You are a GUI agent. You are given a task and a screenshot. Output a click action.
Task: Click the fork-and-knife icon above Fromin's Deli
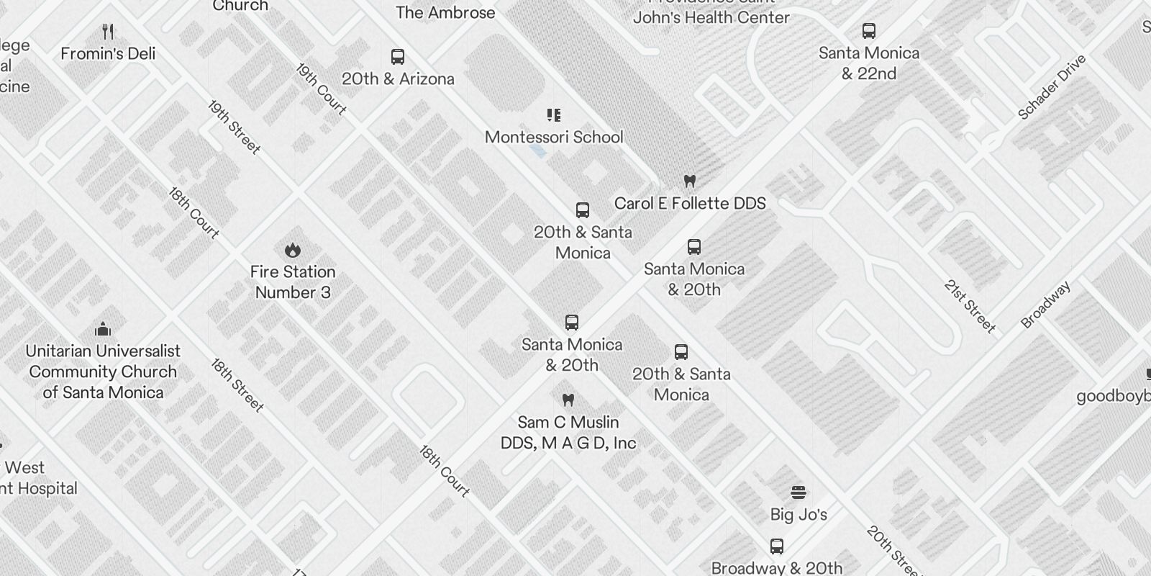[108, 32]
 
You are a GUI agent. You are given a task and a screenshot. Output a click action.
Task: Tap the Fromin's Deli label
[108, 53]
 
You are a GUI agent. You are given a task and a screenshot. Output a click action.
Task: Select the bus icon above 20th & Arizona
[398, 57]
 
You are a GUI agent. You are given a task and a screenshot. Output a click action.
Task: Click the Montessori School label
[554, 137]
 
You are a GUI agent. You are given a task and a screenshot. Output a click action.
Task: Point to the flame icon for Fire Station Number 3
[292, 250]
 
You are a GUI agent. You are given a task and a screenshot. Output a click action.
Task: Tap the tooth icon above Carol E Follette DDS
[689, 181]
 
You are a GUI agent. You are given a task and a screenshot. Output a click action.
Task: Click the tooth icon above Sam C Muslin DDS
[568, 400]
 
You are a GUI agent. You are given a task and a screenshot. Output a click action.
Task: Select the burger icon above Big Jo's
[798, 492]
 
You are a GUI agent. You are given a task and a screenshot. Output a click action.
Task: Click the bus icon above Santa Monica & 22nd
[869, 31]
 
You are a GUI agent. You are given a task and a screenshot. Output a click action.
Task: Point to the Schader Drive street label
[1051, 87]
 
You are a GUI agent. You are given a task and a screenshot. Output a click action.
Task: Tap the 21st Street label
[970, 307]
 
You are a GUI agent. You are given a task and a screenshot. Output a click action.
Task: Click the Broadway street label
[1046, 305]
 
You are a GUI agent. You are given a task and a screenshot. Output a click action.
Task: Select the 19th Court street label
[321, 89]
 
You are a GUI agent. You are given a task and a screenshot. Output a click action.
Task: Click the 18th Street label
[237, 385]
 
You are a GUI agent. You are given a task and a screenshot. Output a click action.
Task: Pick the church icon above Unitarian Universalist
[103, 330]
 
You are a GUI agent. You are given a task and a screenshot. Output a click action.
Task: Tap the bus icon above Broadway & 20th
[777, 546]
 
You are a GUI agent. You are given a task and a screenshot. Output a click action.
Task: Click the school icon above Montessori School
[554, 115]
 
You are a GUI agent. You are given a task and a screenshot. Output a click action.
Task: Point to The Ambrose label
[445, 12]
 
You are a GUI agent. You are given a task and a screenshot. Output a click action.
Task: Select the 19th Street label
[234, 127]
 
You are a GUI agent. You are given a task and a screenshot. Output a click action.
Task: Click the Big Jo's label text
[799, 514]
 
